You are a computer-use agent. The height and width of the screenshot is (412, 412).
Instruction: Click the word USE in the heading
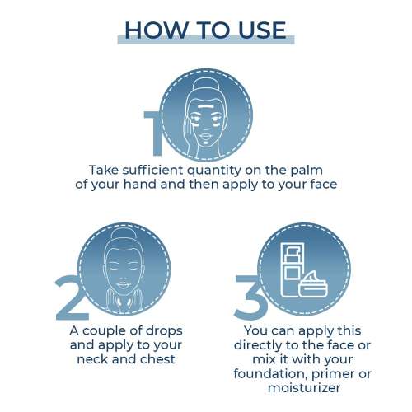coord(262,30)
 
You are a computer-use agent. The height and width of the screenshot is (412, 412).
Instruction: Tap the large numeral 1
coord(154,133)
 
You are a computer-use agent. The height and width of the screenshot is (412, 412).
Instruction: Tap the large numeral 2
coord(71,297)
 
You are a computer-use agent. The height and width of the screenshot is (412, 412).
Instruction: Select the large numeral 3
coord(249,297)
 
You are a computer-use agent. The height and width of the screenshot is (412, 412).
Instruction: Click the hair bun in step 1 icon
coord(204,84)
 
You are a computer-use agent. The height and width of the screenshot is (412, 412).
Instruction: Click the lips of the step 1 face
coord(205,137)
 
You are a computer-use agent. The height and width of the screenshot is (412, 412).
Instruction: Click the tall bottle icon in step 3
coord(293,269)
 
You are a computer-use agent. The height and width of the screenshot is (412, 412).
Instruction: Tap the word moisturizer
coord(304,388)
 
